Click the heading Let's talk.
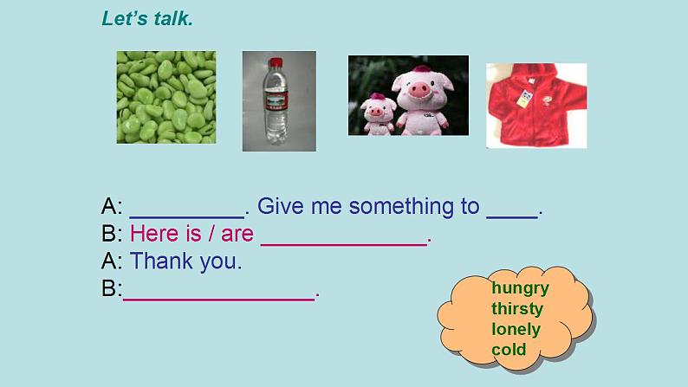[147, 19]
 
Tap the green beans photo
[166, 97]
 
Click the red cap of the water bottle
[276, 62]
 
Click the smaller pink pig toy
[378, 114]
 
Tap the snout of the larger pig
[419, 90]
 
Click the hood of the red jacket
[535, 74]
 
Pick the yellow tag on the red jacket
[525, 98]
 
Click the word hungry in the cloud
[521, 289]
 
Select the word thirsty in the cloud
[517, 308]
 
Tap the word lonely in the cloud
[516, 329]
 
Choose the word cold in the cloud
[509, 349]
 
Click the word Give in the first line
[281, 206]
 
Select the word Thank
[161, 261]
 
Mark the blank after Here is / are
[344, 244]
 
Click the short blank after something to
[512, 217]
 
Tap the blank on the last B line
[219, 300]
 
